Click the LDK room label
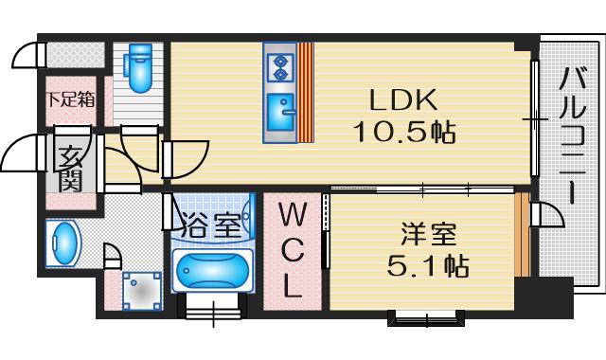click(x=401, y=99)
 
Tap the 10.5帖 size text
click(x=403, y=132)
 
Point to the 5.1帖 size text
click(x=427, y=265)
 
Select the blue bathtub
click(x=213, y=272)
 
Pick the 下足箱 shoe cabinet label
click(x=71, y=99)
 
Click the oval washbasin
click(x=63, y=244)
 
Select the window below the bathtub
click(x=213, y=308)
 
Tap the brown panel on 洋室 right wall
click(x=521, y=235)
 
